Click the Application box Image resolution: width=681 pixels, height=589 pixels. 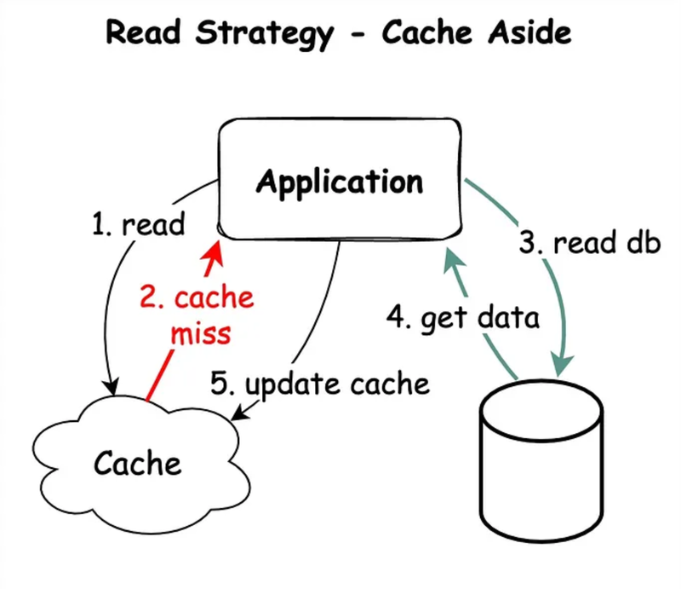pyautogui.click(x=340, y=181)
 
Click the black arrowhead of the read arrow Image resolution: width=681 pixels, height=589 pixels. pyautogui.click(x=109, y=385)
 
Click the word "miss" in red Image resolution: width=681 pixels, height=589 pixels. pyautogui.click(x=201, y=332)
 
